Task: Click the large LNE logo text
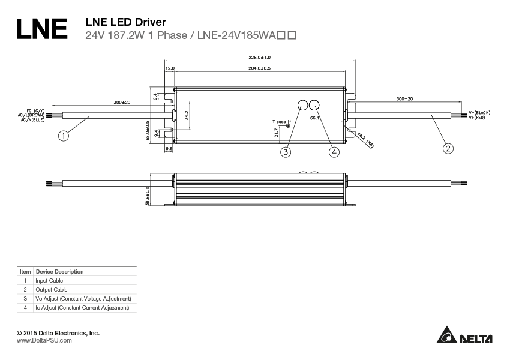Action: pyautogui.click(x=41, y=29)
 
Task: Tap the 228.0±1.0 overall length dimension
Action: pyautogui.click(x=259, y=57)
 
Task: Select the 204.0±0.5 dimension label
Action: pyautogui.click(x=259, y=68)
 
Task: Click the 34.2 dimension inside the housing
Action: pyautogui.click(x=187, y=115)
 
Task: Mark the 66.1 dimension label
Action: pyautogui.click(x=314, y=119)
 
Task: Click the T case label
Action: pyautogui.click(x=279, y=121)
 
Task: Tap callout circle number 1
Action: pyautogui.click(x=63, y=136)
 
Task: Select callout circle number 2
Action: pyautogui.click(x=448, y=148)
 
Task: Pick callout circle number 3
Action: pyautogui.click(x=286, y=152)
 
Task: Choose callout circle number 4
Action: pyautogui.click(x=334, y=152)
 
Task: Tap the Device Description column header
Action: pyautogui.click(x=59, y=271)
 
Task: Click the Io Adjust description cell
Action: pyautogui.click(x=82, y=307)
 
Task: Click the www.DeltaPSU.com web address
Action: pyautogui.click(x=44, y=340)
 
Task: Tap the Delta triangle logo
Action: pyautogui.click(x=447, y=335)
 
